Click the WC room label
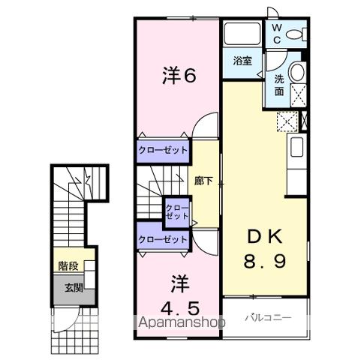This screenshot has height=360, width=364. [x=276, y=32]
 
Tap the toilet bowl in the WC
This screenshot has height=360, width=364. [x=298, y=34]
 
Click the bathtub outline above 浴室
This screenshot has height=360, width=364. [x=240, y=34]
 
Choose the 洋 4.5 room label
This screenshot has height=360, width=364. [x=180, y=298]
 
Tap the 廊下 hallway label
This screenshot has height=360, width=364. [x=202, y=181]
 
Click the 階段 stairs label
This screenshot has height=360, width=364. [x=69, y=265]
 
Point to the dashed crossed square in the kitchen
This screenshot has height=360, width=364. [x=286, y=121]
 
